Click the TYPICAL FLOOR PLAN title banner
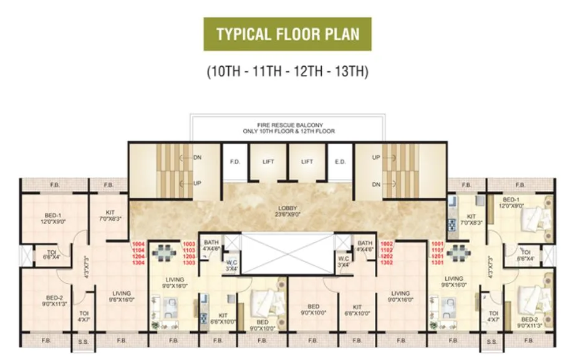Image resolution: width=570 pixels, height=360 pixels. coord(287,34)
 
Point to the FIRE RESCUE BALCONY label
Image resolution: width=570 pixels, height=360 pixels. coord(289,125)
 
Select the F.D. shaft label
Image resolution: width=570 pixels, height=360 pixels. coord(234,162)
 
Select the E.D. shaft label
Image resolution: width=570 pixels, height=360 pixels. coord(340,162)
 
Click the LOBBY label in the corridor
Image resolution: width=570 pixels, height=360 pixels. coord(287,208)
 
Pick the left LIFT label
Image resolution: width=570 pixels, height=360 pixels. coord(268,162)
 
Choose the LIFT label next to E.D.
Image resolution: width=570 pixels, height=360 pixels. coord(307,162)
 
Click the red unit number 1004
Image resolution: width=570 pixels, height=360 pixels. coord(138,243)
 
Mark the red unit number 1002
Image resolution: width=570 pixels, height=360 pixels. coord(387,243)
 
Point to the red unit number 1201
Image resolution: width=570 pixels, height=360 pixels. coord(438,256)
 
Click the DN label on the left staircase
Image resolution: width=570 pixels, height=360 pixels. coord(197,158)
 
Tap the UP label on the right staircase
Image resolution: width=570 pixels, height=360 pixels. coord(376,158)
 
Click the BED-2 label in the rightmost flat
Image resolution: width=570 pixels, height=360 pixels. coord(530,319)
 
